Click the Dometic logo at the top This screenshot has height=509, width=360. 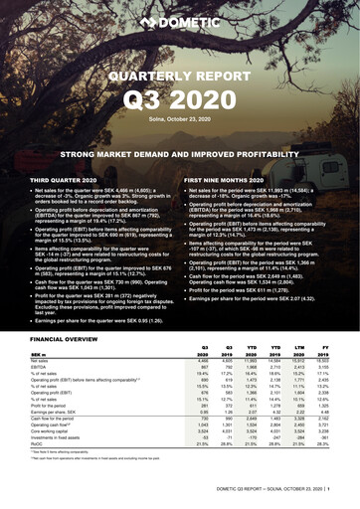(x=180, y=20)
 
